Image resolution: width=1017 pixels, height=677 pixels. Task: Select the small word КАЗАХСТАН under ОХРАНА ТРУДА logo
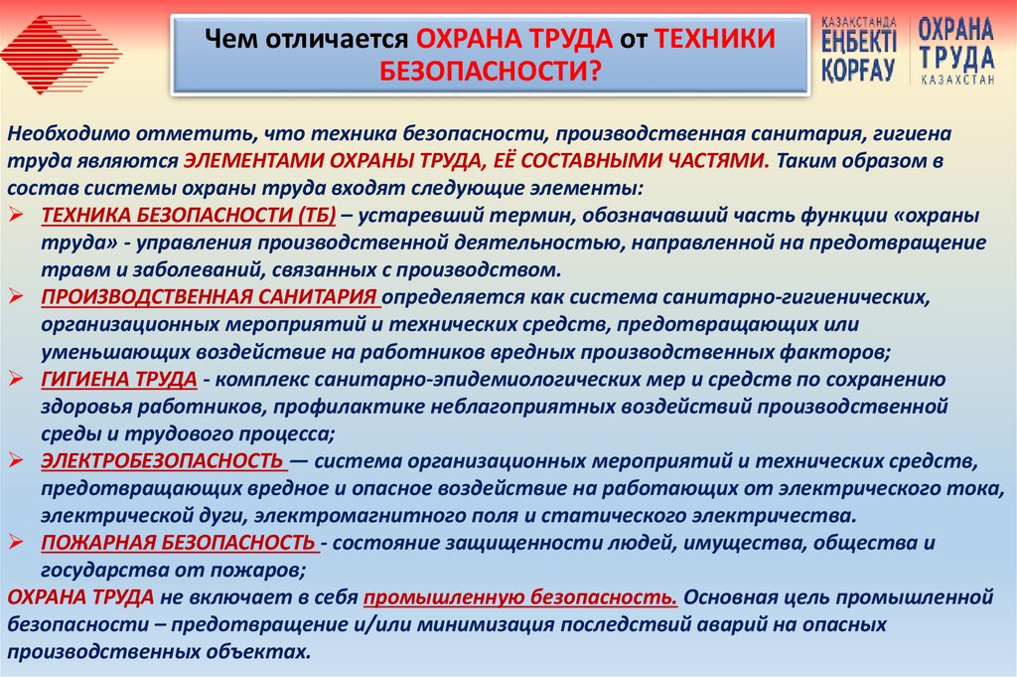pyautogui.click(x=955, y=80)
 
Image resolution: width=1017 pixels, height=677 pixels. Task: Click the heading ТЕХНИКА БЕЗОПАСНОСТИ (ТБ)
pyautogui.click(x=189, y=217)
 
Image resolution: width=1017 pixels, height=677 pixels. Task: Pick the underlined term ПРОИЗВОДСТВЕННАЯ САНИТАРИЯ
pyautogui.click(x=210, y=297)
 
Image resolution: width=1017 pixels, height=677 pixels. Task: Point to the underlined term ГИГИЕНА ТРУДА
pyautogui.click(x=118, y=379)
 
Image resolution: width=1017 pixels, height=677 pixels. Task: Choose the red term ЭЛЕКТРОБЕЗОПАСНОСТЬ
pyautogui.click(x=163, y=461)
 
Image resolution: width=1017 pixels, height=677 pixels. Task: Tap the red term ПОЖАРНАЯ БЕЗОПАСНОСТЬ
pyautogui.click(x=178, y=543)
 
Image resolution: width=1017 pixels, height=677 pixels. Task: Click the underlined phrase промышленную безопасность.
pyautogui.click(x=521, y=597)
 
